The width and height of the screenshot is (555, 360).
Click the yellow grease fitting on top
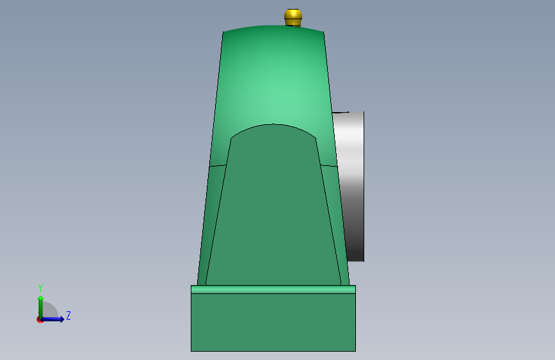293,17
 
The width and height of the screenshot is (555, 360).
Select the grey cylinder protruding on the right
350,186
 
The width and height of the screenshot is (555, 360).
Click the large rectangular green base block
273,322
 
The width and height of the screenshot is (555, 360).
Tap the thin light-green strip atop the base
273,290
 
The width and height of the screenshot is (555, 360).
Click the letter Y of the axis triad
40,288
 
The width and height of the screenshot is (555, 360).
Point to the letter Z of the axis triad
68,315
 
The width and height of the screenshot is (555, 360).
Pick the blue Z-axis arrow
52,319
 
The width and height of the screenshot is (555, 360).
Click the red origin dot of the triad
40,320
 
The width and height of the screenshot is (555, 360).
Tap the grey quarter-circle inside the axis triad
49,310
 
